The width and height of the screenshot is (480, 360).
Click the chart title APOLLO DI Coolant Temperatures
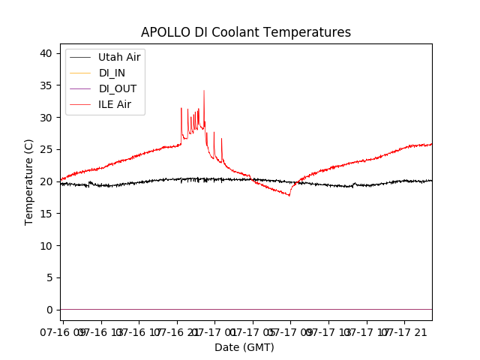pyautogui.click(x=246, y=32)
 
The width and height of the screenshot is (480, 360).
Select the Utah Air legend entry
pyautogui.click(x=119, y=56)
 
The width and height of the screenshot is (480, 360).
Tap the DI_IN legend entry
pyautogui.click(x=112, y=73)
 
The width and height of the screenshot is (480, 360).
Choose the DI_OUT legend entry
pyautogui.click(x=117, y=88)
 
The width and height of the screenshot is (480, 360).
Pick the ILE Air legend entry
pyautogui.click(x=115, y=104)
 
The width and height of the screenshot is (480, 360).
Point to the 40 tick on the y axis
pyautogui.click(x=46, y=53)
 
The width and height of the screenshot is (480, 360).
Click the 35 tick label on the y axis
pyautogui.click(x=46, y=85)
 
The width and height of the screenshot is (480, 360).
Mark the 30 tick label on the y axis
pyautogui.click(x=46, y=118)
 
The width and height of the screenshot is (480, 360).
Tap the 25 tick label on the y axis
pyautogui.click(x=46, y=149)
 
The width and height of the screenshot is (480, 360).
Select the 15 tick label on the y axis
pyautogui.click(x=46, y=214)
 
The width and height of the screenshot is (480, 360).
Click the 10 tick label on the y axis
pyautogui.click(x=46, y=245)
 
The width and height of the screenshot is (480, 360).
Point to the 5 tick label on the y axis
pyautogui.click(x=49, y=277)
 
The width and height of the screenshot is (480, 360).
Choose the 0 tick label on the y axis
pyautogui.click(x=49, y=310)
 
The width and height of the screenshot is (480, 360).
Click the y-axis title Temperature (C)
pyautogui.click(x=29, y=181)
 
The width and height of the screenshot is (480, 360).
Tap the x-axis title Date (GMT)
pyautogui.click(x=244, y=347)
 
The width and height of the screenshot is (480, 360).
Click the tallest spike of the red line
pyautogui.click(x=204, y=91)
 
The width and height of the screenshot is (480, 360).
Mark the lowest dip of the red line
pyautogui.click(x=289, y=195)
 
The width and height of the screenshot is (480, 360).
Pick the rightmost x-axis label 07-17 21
pyautogui.click(x=409, y=331)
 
